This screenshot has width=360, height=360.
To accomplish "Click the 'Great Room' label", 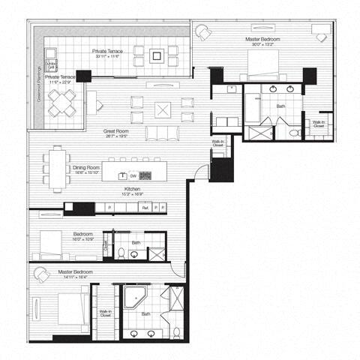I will pos(118,130).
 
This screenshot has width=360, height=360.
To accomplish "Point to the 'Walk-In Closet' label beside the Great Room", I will pos(217,143).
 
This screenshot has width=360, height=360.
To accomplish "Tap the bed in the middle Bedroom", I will pos(52,244).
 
